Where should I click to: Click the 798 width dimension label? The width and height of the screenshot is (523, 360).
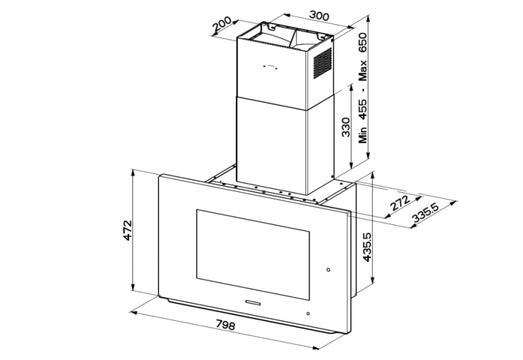225,325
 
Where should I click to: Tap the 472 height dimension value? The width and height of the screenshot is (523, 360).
128,230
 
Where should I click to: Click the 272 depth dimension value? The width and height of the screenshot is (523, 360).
400,202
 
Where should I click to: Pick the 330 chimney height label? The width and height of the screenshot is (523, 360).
346,127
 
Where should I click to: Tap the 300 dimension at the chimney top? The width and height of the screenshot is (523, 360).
319,16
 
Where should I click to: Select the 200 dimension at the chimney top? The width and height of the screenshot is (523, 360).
222,24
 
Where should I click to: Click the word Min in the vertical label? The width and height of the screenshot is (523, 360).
363,135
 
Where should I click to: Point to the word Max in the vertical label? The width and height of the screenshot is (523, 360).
363,71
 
